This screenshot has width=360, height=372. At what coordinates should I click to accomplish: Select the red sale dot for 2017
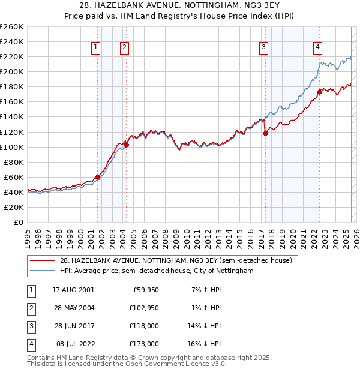[x=265, y=134]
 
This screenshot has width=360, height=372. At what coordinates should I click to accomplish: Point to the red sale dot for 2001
[x=97, y=177]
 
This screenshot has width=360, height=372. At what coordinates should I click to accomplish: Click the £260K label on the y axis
[x=12, y=27]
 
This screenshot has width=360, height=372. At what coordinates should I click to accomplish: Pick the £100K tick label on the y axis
[x=12, y=147]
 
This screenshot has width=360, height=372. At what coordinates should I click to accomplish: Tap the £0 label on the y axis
[x=19, y=222]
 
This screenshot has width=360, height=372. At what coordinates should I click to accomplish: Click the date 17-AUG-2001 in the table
[x=74, y=289]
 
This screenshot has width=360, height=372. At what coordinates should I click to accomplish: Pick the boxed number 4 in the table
[x=30, y=344]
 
